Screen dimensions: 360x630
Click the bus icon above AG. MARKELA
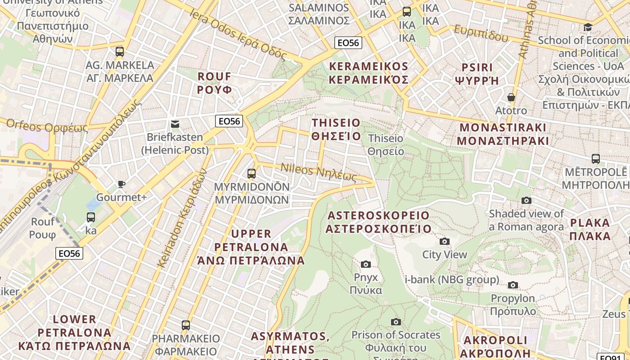(119, 51)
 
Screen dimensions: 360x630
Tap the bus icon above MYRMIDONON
(252, 173)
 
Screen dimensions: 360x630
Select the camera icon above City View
(445, 242)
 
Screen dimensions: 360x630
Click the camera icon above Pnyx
(366, 264)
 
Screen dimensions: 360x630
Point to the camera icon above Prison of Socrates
(396, 322)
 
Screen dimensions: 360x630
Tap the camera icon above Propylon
(513, 285)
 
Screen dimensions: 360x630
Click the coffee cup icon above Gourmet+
(121, 184)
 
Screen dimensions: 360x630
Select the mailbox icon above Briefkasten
(175, 124)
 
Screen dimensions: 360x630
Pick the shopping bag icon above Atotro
(511, 97)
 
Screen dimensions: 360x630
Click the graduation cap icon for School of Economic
(588, 27)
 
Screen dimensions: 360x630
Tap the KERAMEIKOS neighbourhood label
(369, 73)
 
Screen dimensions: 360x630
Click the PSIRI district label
(477, 74)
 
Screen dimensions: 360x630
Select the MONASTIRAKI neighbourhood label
(503, 134)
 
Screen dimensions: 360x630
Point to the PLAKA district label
(590, 229)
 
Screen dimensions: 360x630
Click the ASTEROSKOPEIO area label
(378, 222)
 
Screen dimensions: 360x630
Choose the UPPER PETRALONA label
(251, 247)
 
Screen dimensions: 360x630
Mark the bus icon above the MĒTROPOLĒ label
(596, 159)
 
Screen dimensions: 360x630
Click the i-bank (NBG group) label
(452, 279)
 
